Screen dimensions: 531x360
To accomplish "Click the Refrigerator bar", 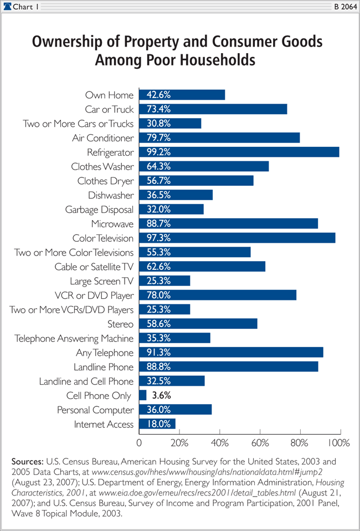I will pyautogui.click(x=239, y=152).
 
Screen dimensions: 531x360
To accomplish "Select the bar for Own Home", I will pyautogui.click(x=182, y=95).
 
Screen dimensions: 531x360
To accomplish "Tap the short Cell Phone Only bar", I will pyautogui.click(x=142, y=395).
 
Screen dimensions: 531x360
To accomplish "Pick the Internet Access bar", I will pyautogui.click(x=157, y=424).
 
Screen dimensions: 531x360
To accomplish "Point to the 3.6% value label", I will pyautogui.click(x=162, y=396).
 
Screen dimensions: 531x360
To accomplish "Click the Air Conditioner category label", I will pyautogui.click(x=102, y=138).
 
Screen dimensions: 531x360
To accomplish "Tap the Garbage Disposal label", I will pyautogui.click(x=99, y=210).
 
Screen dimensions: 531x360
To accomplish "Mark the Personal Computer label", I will pyautogui.click(x=95, y=410).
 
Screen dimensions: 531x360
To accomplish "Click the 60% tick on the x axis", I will pyautogui.click(x=260, y=443).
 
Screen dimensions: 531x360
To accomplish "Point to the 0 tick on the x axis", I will pyautogui.click(x=139, y=443).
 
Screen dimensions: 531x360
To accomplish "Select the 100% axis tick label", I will pyautogui.click(x=338, y=443).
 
